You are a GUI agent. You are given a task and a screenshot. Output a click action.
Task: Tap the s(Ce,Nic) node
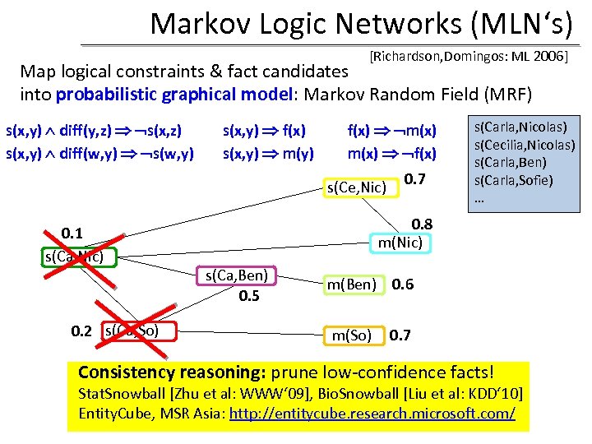click(x=358, y=188)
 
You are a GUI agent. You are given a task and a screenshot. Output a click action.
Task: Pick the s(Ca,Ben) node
click(x=236, y=276)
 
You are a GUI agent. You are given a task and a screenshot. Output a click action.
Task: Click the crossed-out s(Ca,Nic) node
click(x=79, y=257)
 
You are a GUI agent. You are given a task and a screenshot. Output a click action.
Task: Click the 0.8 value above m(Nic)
click(x=422, y=224)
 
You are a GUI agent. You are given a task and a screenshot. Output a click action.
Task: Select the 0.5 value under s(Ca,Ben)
click(x=249, y=295)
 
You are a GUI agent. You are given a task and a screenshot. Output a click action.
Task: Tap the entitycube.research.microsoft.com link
click(x=372, y=413)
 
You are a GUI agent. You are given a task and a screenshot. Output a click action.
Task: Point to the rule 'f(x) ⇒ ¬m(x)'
click(x=392, y=129)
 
